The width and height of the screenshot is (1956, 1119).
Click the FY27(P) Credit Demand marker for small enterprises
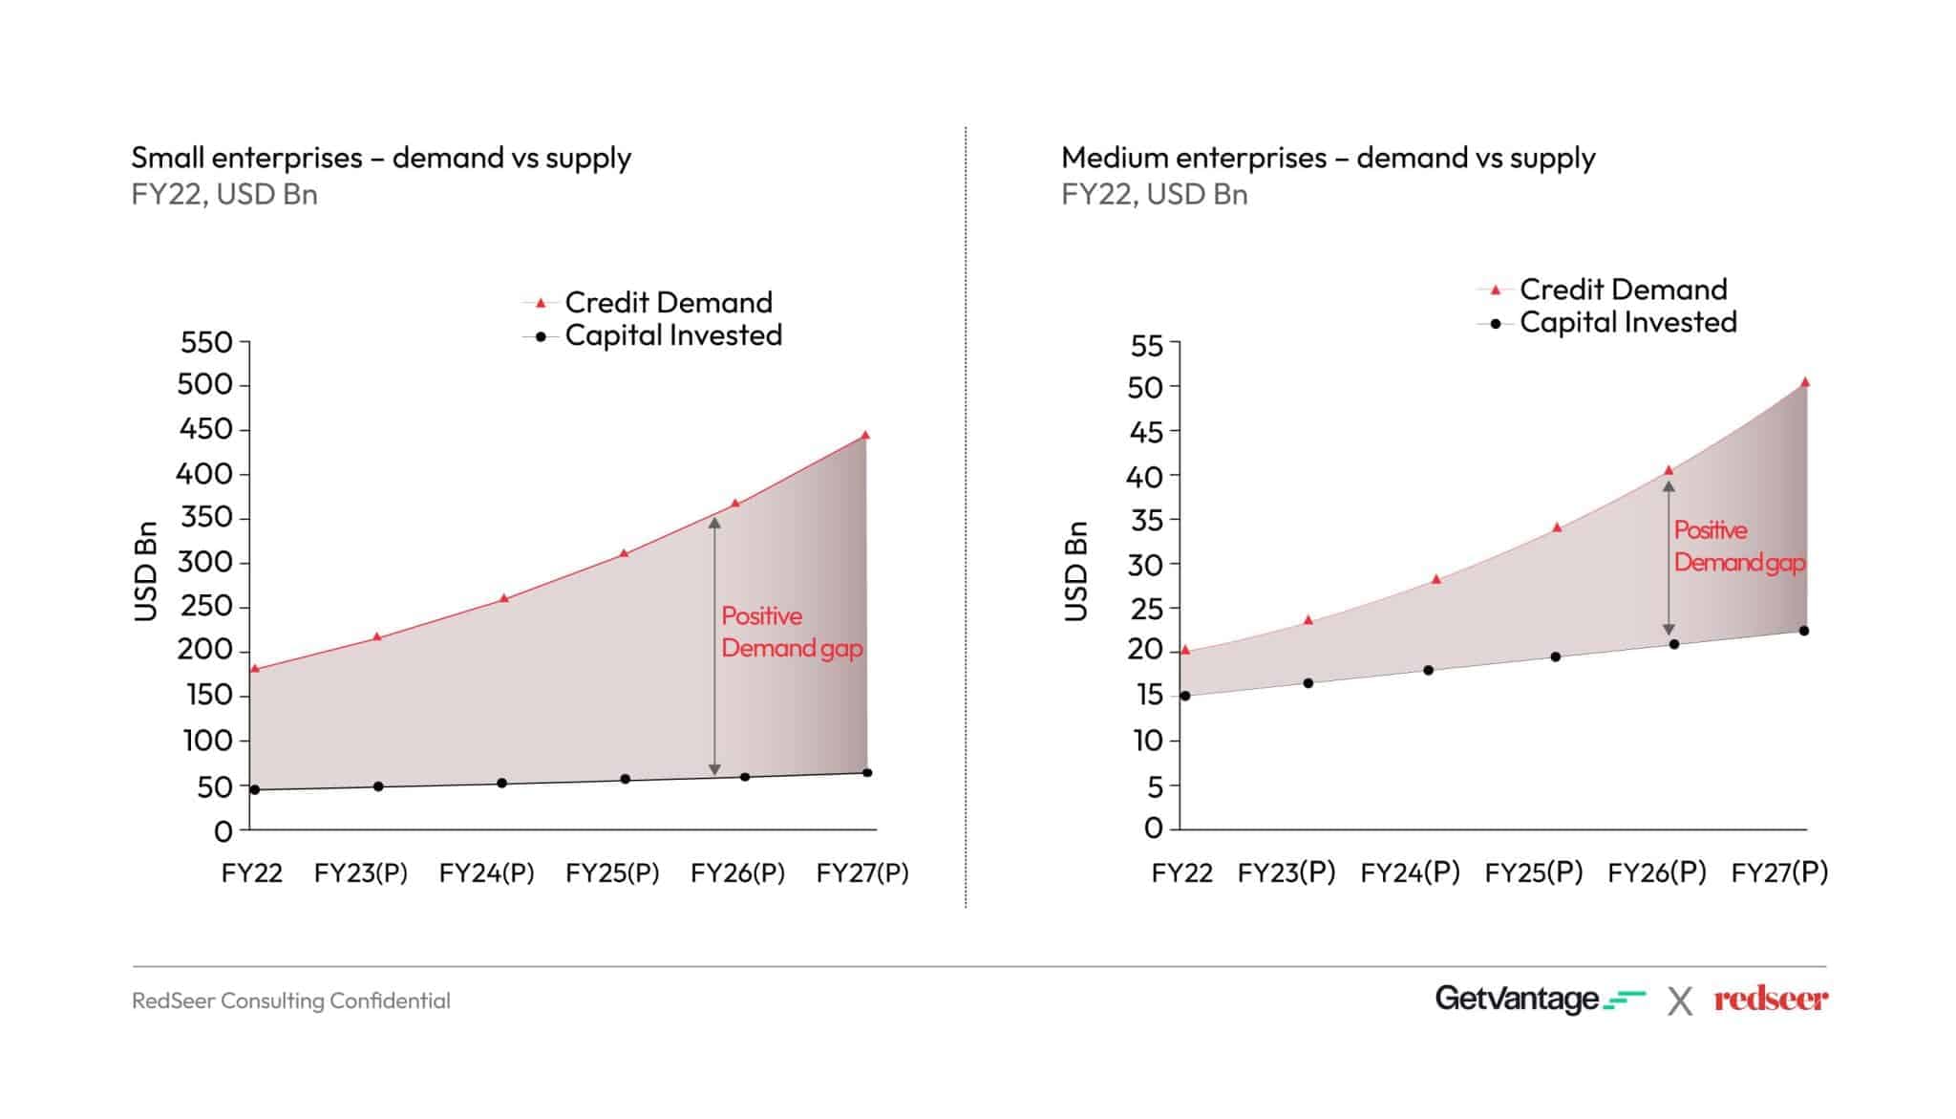tap(865, 436)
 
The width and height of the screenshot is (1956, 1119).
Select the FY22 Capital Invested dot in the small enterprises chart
tap(255, 789)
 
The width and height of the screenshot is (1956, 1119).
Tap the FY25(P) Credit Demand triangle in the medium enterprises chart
tap(1557, 527)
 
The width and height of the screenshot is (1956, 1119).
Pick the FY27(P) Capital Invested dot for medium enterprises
tap(1803, 631)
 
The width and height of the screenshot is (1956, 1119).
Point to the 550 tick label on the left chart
tap(206, 342)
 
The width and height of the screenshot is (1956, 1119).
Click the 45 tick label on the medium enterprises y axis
tap(1146, 432)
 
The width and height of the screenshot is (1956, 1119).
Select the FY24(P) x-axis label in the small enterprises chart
tap(486, 872)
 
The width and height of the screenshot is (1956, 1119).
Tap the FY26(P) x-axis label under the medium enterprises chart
tap(1657, 872)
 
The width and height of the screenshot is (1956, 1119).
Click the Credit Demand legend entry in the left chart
tap(668, 302)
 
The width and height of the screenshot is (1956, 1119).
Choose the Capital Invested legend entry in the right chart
tap(1627, 322)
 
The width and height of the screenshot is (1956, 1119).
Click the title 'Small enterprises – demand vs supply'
tap(381, 157)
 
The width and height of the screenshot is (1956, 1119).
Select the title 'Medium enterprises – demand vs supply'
tap(1328, 157)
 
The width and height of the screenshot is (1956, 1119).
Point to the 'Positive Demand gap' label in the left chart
tap(791, 632)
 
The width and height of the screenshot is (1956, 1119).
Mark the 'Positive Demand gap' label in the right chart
tap(1738, 546)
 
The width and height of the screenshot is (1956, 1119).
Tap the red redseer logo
tap(1770, 1000)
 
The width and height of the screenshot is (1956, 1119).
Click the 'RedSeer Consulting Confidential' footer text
tap(291, 1001)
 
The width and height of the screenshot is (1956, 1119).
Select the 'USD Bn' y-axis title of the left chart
tap(145, 571)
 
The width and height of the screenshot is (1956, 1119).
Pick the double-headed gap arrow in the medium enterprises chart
tap(1669, 558)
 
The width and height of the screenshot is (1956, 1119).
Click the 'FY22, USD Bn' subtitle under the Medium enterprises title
tap(1154, 194)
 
